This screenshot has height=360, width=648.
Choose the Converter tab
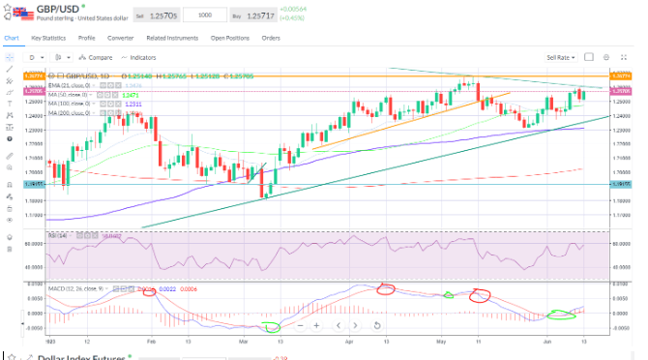(121, 39)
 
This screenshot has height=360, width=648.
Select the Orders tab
(271, 39)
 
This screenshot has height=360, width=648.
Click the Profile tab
(88, 39)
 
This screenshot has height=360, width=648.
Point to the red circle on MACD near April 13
(386, 288)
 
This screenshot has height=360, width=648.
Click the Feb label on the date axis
(152, 342)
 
